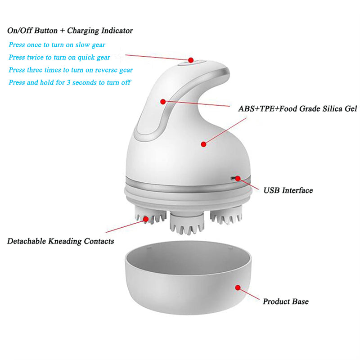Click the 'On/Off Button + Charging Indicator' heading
click(x=70, y=31)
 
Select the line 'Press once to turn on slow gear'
click(x=57, y=45)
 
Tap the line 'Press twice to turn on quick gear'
click(x=59, y=57)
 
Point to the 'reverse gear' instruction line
click(x=71, y=70)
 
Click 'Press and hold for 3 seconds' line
click(x=70, y=82)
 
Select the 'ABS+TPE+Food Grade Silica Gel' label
click(x=297, y=108)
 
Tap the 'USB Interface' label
click(x=288, y=190)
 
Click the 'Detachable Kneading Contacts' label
click(x=61, y=241)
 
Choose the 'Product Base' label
click(x=286, y=301)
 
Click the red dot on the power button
click(x=190, y=60)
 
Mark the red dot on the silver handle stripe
click(x=163, y=102)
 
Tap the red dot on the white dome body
click(x=203, y=144)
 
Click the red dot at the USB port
click(x=238, y=178)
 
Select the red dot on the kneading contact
click(x=146, y=219)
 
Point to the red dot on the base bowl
click(x=238, y=288)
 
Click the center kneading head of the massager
click(x=187, y=223)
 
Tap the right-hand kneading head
click(x=226, y=215)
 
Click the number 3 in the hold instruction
click(x=68, y=83)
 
